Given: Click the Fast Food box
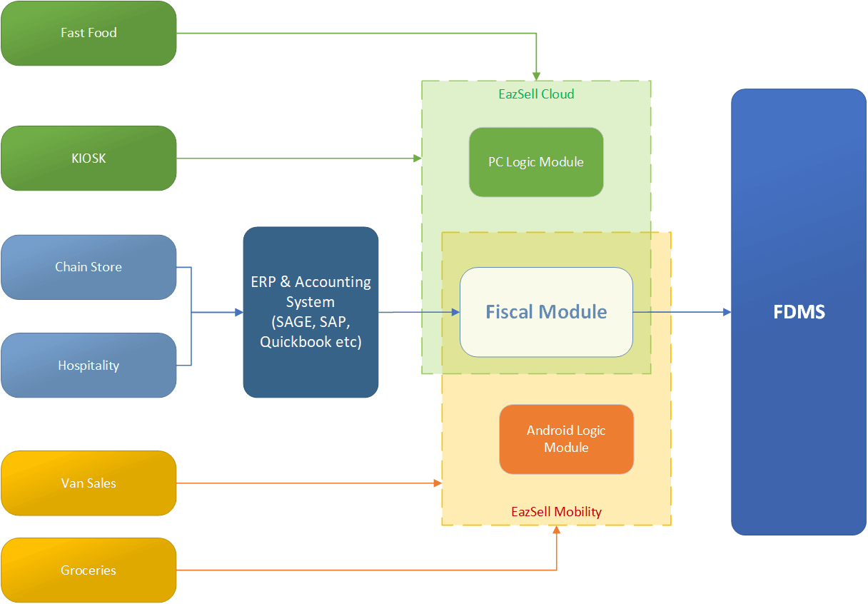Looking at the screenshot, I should tap(89, 34).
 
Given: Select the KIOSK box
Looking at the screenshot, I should tap(89, 158).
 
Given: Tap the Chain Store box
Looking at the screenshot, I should tap(89, 267).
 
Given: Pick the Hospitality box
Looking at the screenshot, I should tap(89, 366).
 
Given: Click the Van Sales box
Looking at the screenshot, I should tap(89, 483).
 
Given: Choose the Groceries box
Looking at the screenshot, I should tap(89, 570).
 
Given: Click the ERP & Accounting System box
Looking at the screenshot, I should tap(311, 312).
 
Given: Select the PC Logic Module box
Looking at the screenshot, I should tap(536, 162).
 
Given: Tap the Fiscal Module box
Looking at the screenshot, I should tap(546, 312).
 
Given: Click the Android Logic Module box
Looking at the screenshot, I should tap(566, 439).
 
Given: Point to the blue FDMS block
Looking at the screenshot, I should tap(799, 312).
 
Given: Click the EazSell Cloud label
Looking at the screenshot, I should tap(536, 94).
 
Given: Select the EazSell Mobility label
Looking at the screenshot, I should tap(556, 512).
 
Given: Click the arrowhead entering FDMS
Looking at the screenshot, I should tap(727, 312).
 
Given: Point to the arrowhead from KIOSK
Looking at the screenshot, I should tap(418, 158).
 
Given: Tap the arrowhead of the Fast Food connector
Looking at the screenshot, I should tap(536, 76).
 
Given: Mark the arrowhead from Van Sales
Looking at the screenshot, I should tap(438, 484).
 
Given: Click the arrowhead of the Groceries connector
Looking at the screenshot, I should tap(556, 530).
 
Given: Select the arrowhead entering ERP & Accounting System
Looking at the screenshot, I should tap(238, 312).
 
